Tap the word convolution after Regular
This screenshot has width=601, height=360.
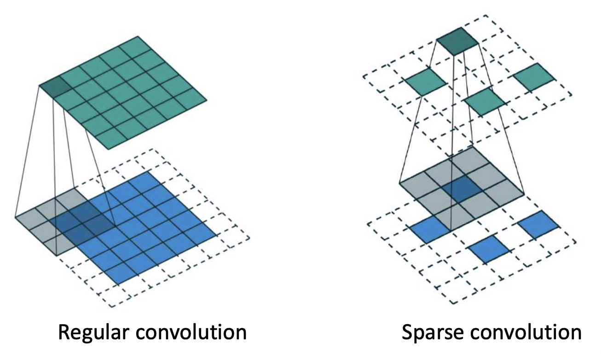(x=191, y=332)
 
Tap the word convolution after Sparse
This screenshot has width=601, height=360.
(x=526, y=332)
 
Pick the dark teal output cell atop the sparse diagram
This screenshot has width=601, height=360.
(x=457, y=41)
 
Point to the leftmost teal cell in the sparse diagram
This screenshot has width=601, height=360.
(x=426, y=81)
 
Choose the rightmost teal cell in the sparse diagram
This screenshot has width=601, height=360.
(x=534, y=77)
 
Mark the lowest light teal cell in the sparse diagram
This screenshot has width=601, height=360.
(x=485, y=102)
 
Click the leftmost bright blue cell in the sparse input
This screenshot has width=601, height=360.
(x=430, y=230)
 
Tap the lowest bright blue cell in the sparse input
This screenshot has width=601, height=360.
(x=489, y=250)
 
